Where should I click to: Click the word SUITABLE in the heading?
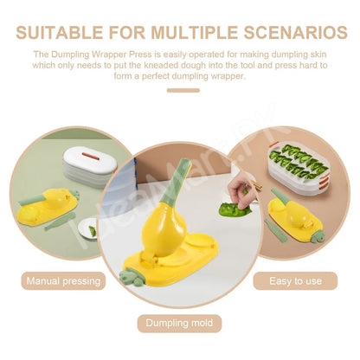pyautogui.click(x=59, y=32)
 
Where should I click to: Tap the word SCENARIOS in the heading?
pyautogui.click(x=295, y=32)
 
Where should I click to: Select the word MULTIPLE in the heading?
pyautogui.click(x=195, y=32)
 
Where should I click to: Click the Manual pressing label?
pyautogui.click(x=63, y=281)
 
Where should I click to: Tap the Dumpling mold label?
pyautogui.click(x=179, y=323)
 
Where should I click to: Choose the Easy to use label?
pyautogui.click(x=295, y=281)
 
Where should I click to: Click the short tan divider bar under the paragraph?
pyautogui.click(x=183, y=90)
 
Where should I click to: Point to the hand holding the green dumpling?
pyautogui.click(x=241, y=192)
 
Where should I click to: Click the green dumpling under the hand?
pyautogui.click(x=235, y=209)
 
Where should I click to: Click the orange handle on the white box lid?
pyautogui.click(x=93, y=156)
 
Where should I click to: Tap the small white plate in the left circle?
pyautogui.click(x=87, y=229)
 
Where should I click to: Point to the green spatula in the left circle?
pyautogui.click(x=60, y=222)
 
